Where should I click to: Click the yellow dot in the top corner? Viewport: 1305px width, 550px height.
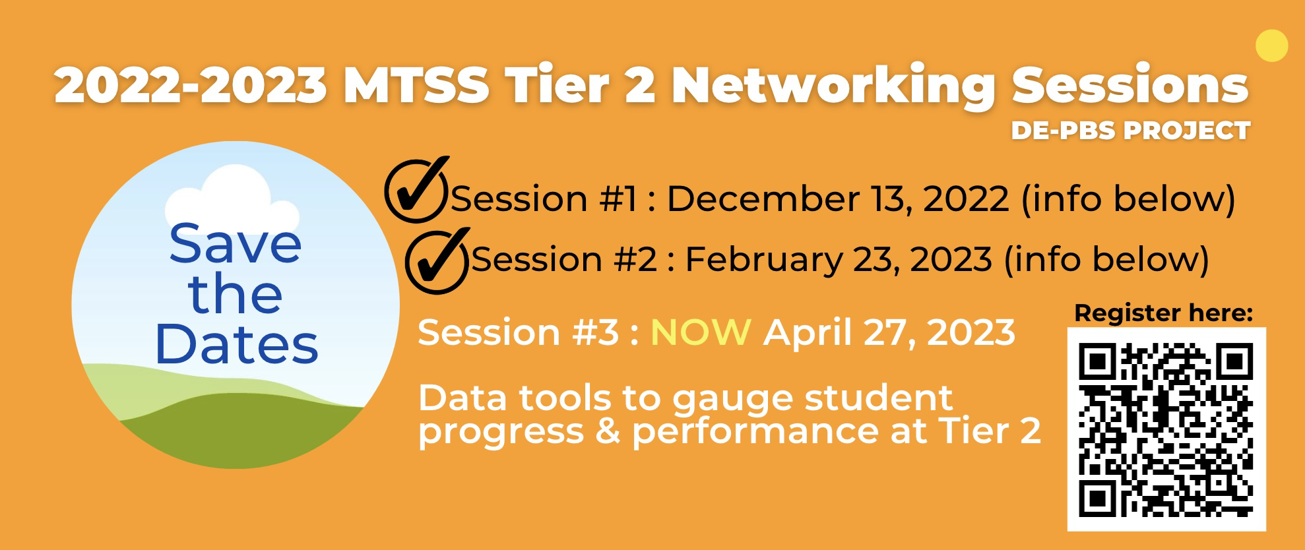[1271, 46]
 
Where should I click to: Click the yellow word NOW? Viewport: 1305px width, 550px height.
[701, 332]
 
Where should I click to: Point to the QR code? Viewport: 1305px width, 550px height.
[1166, 429]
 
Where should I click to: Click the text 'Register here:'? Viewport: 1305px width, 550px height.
[1163, 313]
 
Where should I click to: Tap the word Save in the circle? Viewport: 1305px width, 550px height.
[236, 244]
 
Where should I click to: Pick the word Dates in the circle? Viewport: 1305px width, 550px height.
[237, 344]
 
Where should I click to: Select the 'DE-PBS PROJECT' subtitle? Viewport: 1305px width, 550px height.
[1130, 130]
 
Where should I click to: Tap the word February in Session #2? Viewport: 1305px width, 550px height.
[763, 259]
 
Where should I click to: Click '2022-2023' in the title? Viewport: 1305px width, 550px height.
[191, 85]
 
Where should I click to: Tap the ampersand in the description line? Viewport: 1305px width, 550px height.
[608, 431]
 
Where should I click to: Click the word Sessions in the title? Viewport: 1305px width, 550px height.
[1130, 85]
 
